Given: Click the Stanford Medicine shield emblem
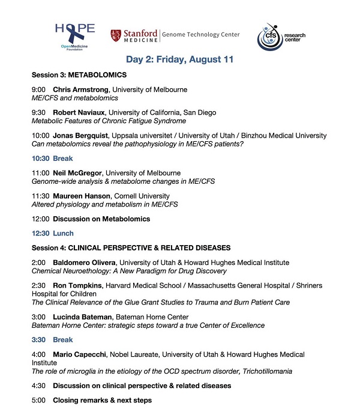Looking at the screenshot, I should coord(115,35).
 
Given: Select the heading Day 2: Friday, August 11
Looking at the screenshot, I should coord(180,59).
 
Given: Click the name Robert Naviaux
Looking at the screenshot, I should coord(76,112).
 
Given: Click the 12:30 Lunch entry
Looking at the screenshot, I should coord(52,233).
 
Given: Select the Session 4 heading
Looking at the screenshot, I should coord(131,248).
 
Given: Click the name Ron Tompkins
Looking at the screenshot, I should coord(76,285).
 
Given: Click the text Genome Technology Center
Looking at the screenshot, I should coord(200,35).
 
